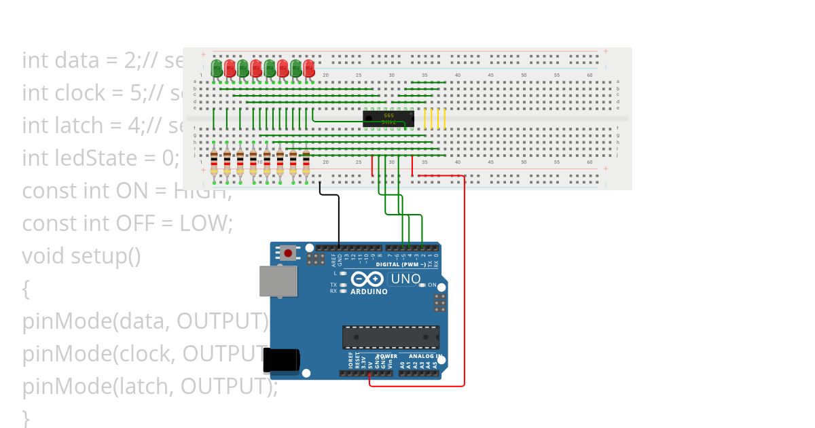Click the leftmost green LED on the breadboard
click(x=217, y=68)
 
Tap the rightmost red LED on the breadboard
click(x=309, y=68)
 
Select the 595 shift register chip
click(x=388, y=119)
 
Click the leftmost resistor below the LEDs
click(x=214, y=163)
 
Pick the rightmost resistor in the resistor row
click(x=306, y=163)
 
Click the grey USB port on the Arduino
click(x=278, y=281)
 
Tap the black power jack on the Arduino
click(x=281, y=359)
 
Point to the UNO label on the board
click(x=405, y=279)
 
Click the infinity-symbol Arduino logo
click(x=367, y=279)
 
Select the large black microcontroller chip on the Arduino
click(x=391, y=337)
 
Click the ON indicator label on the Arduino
click(x=432, y=285)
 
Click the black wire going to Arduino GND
click(x=338, y=217)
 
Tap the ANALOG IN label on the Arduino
click(x=425, y=356)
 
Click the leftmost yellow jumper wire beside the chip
click(x=425, y=118)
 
